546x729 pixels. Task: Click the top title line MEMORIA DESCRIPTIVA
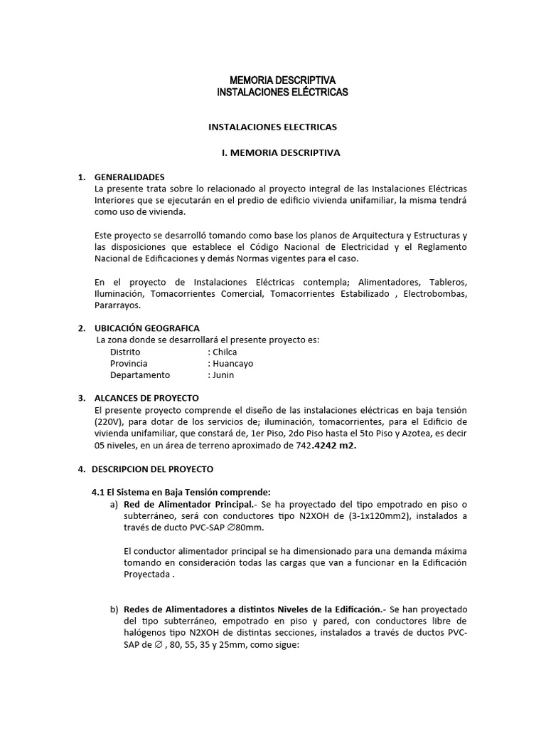(282, 80)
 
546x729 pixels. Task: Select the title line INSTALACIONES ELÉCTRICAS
(282, 93)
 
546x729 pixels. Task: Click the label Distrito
(125, 352)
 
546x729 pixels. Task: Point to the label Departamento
(140, 374)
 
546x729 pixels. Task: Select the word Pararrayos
(117, 305)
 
